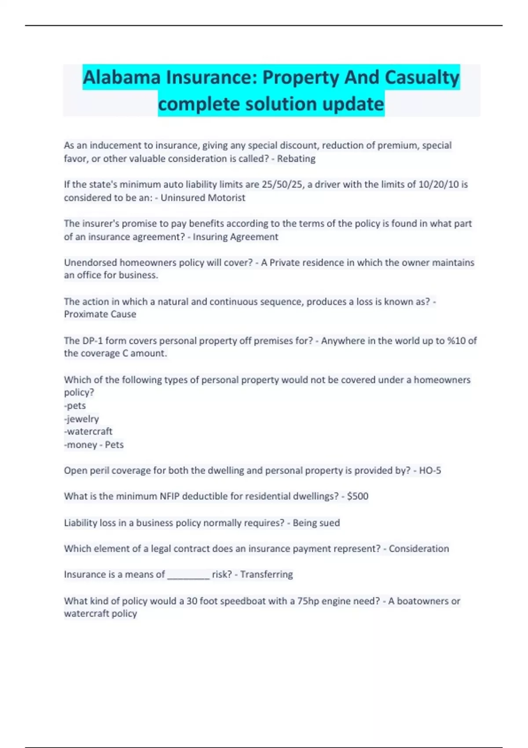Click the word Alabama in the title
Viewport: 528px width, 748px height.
point(122,77)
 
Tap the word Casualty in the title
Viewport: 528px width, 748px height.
point(422,77)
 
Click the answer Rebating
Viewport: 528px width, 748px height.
point(296,158)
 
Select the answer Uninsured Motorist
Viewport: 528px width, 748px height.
point(203,198)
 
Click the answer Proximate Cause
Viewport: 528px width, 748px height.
point(100,314)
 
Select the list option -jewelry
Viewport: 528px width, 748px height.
point(81,419)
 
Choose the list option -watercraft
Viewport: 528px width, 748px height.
point(88,431)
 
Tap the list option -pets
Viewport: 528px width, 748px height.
point(75,406)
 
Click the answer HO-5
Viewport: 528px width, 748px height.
point(430,470)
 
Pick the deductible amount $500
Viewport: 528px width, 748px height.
point(358,496)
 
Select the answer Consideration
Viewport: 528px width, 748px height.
point(419,549)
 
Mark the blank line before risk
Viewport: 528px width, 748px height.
point(188,575)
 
